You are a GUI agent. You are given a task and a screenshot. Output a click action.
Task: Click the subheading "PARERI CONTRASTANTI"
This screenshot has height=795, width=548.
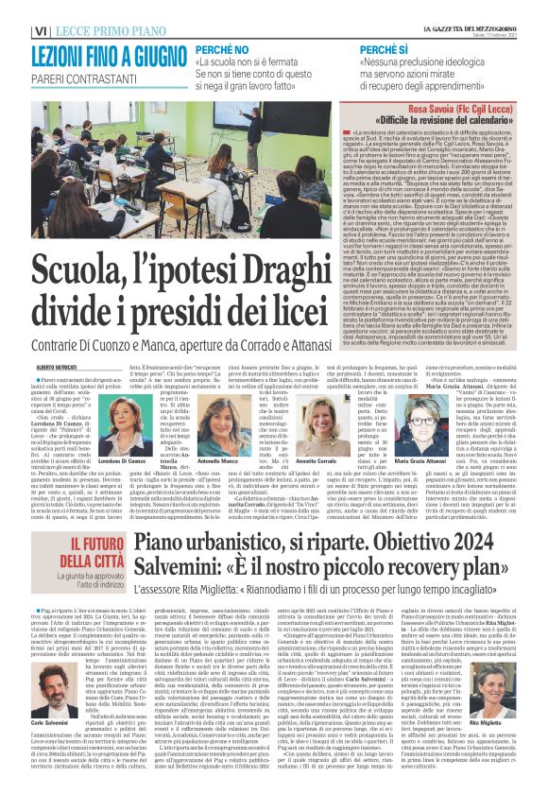tap(57, 66)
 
